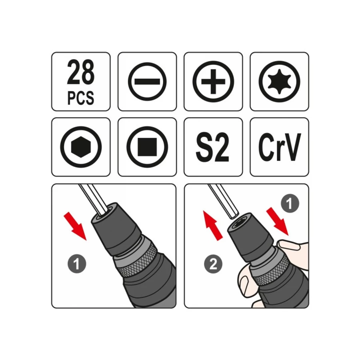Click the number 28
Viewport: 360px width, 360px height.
pyautogui.click(x=80, y=72)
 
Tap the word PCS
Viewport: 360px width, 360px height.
pyautogui.click(x=80, y=98)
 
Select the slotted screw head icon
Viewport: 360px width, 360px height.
pyautogui.click(x=147, y=82)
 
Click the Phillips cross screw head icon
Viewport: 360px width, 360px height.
pyautogui.click(x=213, y=82)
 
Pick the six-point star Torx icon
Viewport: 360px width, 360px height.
pyautogui.click(x=280, y=82)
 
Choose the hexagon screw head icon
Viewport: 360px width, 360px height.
pyautogui.click(x=81, y=147)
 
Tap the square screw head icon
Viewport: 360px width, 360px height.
pyautogui.click(x=147, y=147)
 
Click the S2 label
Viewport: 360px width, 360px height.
pyautogui.click(x=212, y=147)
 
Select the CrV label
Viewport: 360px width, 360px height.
pyautogui.click(x=280, y=147)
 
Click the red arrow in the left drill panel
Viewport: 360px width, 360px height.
pyautogui.click(x=75, y=226)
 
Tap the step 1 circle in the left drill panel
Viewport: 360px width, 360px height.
pyautogui.click(x=77, y=264)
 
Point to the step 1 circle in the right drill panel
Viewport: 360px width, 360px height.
pyautogui.click(x=290, y=203)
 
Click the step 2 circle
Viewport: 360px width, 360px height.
pyautogui.click(x=213, y=264)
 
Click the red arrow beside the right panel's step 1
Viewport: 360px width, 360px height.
pyautogui.click(x=277, y=221)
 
